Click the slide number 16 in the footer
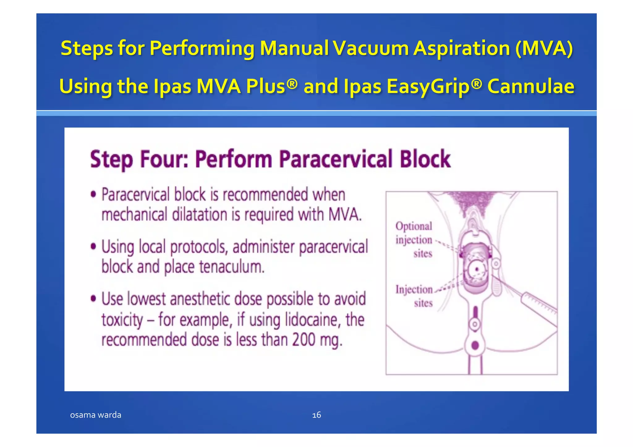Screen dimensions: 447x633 click(316, 415)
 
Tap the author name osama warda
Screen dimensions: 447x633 click(96, 415)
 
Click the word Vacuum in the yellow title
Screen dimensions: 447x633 click(371, 48)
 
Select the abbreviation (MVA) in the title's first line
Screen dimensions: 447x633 click(544, 48)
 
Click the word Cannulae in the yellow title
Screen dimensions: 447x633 click(531, 86)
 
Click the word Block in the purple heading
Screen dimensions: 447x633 click(425, 159)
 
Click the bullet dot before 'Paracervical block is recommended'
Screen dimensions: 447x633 click(93, 195)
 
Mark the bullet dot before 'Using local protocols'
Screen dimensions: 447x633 click(93, 247)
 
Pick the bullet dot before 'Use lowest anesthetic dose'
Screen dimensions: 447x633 click(93, 299)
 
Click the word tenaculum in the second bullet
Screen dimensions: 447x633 click(232, 267)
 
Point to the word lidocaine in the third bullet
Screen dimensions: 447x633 click(312, 320)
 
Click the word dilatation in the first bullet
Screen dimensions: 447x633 click(200, 215)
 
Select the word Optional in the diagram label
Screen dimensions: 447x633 click(414, 226)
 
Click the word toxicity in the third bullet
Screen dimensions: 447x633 click(122, 320)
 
